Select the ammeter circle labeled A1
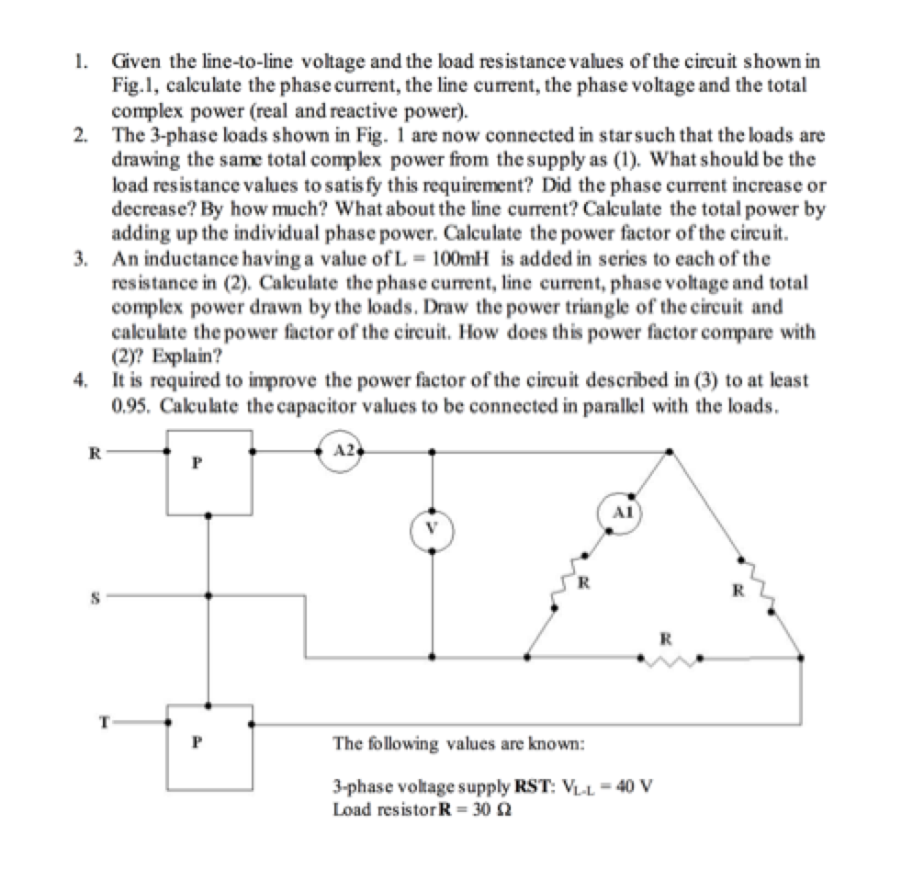[620, 513]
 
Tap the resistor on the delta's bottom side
[670, 658]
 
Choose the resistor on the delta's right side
[759, 581]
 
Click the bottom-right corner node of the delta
[801, 658]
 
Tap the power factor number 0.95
[127, 407]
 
